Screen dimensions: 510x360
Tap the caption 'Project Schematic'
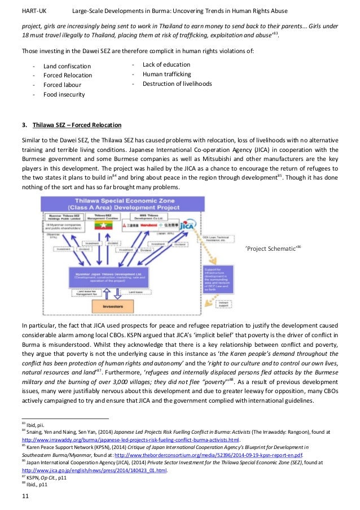[x=270, y=248]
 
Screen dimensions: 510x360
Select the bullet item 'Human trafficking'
[x=166, y=74]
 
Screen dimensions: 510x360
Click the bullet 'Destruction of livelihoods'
[x=177, y=84]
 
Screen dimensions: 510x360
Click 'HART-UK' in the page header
[x=33, y=11]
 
